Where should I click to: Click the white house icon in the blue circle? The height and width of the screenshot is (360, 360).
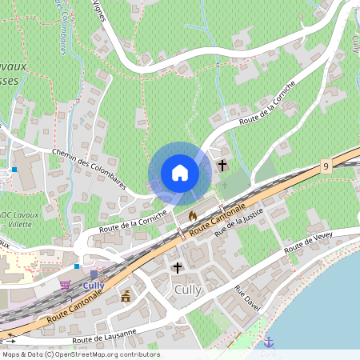(x=180, y=173)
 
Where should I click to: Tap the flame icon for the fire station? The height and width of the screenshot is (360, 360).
(x=192, y=215)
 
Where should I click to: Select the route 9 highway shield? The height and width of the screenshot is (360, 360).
(x=326, y=166)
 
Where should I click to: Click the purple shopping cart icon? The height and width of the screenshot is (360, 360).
(x=65, y=284)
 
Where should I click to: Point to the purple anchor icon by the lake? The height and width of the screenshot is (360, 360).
(x=268, y=342)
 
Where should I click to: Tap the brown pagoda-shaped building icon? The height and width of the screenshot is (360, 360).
(x=126, y=297)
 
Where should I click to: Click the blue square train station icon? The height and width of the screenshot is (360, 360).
(x=94, y=274)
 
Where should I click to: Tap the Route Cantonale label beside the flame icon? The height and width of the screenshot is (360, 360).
(x=215, y=222)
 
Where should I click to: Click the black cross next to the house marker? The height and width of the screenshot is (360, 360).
(x=222, y=166)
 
